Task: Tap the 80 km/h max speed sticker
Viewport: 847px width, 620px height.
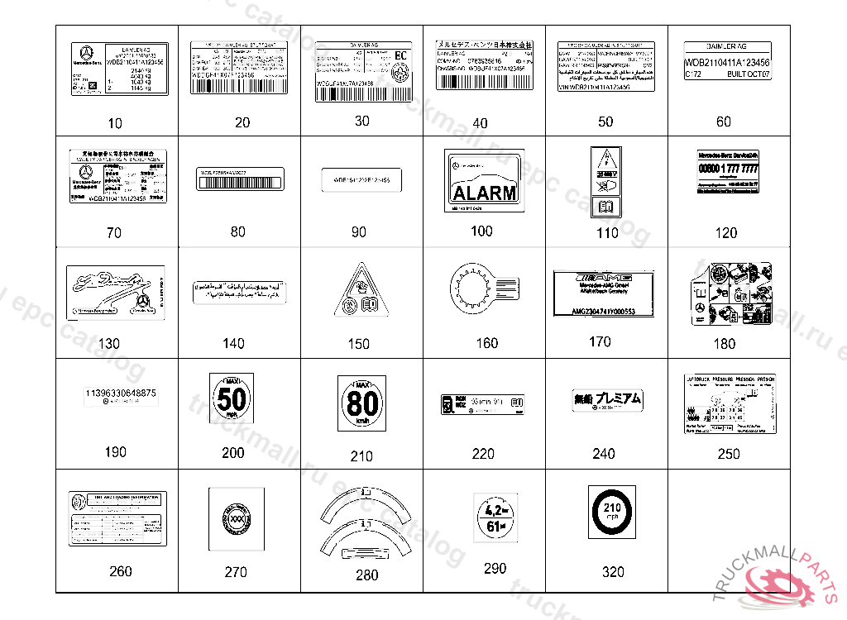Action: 361,403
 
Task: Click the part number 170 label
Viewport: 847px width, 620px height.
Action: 600,341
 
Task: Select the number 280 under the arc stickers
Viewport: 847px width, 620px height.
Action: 366,575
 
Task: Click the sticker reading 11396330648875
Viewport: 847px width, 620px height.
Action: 121,395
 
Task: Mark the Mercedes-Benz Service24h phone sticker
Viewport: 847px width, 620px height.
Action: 728,172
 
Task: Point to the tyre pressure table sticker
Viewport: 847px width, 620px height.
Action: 730,403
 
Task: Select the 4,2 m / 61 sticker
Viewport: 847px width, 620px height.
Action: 495,517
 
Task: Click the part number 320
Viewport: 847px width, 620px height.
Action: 613,572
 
